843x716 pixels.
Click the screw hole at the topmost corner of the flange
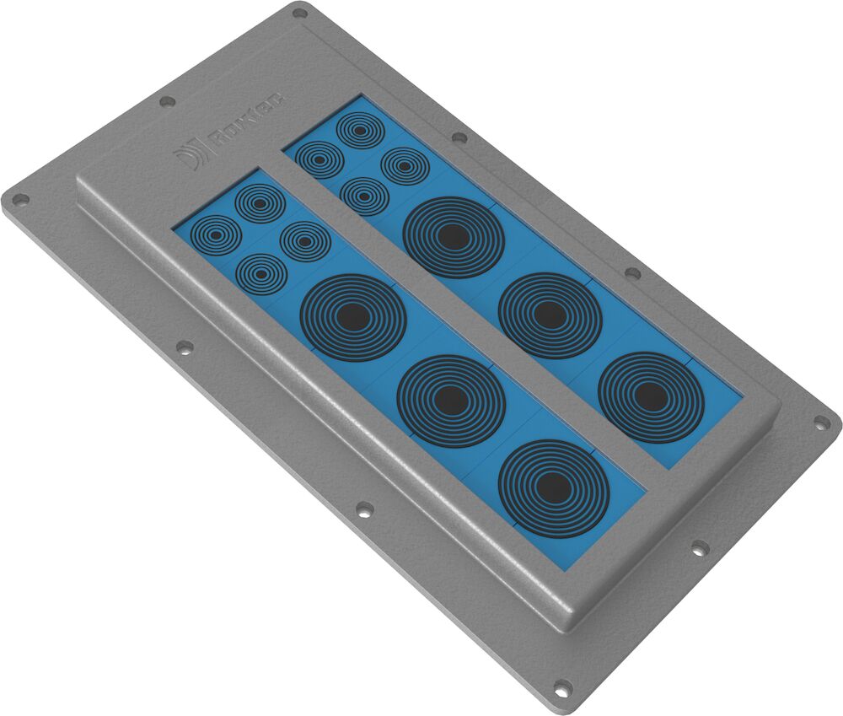(x=299, y=13)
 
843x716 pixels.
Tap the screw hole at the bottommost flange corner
(x=562, y=686)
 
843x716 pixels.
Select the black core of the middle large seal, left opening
(x=451, y=401)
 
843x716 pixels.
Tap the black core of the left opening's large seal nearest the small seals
(x=353, y=317)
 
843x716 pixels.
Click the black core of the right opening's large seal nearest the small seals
(x=453, y=238)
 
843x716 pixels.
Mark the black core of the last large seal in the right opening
(x=650, y=396)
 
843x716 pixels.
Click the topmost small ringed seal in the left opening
(x=260, y=203)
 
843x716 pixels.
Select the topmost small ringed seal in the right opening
(x=360, y=131)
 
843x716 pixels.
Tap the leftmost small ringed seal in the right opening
(x=319, y=159)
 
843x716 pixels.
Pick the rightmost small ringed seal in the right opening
(x=405, y=166)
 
